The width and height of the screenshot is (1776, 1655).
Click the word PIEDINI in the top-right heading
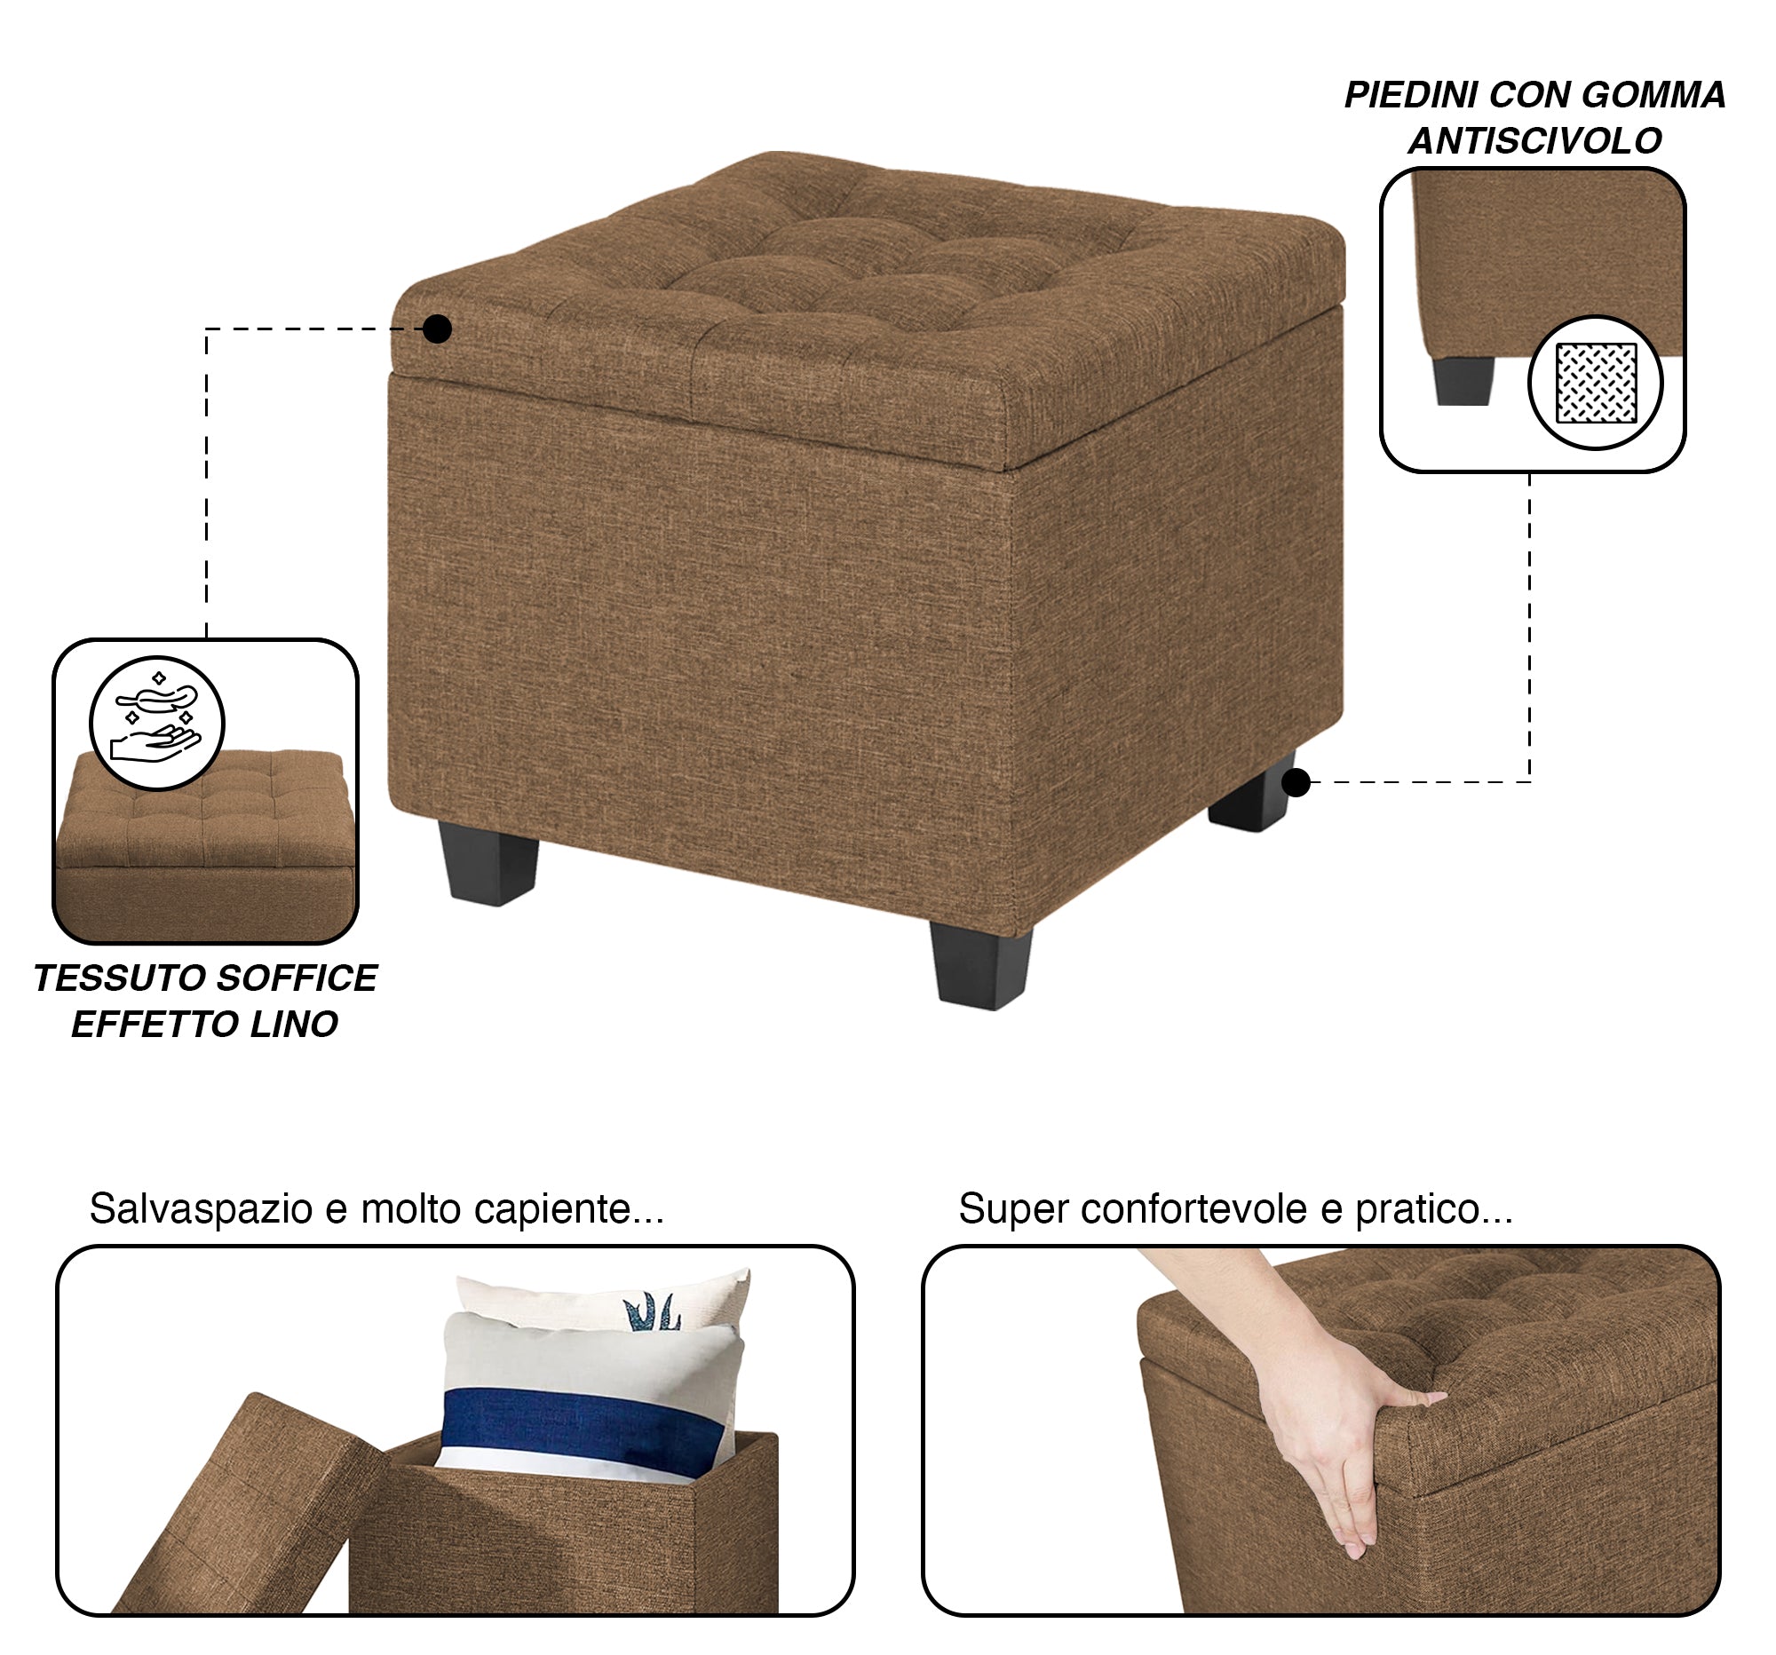click(1411, 96)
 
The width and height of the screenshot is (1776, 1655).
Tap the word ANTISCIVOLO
click(1534, 141)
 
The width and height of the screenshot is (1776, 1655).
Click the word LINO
click(294, 1025)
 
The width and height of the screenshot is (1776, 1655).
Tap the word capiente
click(567, 1209)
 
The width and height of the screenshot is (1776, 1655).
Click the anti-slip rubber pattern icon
click(1596, 383)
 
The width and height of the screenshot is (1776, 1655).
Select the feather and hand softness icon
click(156, 723)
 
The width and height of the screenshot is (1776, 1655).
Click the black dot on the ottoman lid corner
click(437, 329)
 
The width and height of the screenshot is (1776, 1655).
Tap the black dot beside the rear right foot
click(1296, 783)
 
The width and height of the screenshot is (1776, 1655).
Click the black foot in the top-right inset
click(1463, 382)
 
